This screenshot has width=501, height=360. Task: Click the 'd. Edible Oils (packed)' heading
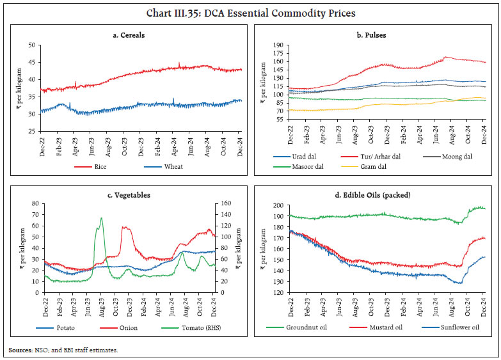tap(378, 195)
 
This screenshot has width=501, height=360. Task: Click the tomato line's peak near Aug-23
tap(101, 218)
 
